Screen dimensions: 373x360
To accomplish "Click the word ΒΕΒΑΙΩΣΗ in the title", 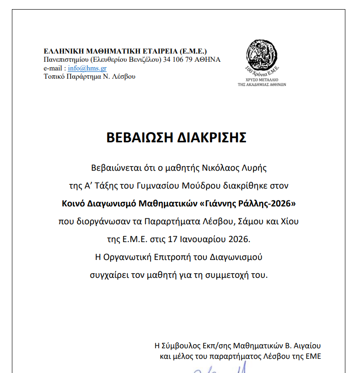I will tap(140, 138).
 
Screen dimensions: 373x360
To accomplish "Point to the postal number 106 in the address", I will tap(179, 59).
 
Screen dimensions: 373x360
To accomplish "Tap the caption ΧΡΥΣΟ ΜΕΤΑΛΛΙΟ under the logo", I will tap(262, 80).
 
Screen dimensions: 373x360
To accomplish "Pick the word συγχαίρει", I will tap(111, 276).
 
